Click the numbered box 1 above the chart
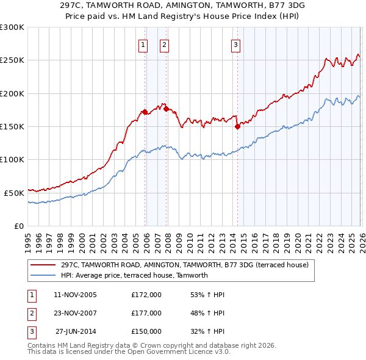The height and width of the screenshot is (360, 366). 143,44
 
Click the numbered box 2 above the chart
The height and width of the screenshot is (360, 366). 165,44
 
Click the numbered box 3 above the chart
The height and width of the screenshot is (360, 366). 235,44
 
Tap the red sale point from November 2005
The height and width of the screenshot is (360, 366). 145,112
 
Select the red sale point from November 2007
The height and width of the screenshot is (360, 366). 166,109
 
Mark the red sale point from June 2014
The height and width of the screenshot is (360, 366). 237,127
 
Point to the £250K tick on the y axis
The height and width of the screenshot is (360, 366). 12,60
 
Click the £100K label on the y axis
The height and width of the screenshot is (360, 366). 12,159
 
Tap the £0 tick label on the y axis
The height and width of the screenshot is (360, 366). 18,226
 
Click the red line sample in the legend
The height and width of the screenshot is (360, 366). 43,265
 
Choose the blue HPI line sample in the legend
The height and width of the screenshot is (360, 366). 43,275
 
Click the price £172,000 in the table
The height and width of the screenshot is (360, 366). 146,295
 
